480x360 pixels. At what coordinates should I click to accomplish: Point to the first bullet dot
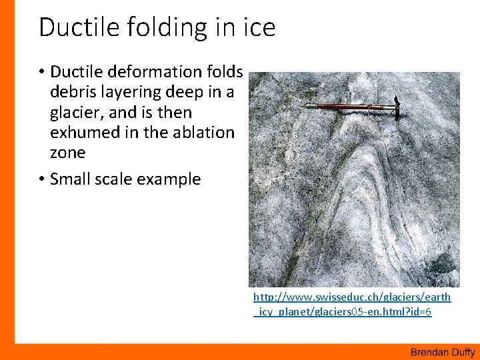(41, 71)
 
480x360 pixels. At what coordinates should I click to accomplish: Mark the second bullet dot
(41, 179)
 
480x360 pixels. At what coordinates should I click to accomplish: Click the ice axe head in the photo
(394, 107)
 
